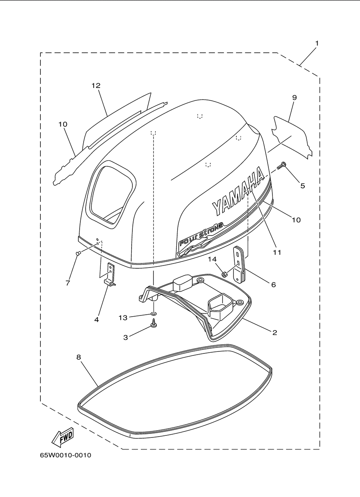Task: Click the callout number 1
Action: pos(317,43)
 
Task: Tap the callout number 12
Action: pos(96,86)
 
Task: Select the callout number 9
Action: pos(294,98)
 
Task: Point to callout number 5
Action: pos(302,186)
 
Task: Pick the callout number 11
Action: pos(277,252)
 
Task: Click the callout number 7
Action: pos(68,283)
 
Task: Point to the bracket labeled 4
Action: pos(110,274)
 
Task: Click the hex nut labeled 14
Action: pos(224,275)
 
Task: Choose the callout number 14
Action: pos(212,259)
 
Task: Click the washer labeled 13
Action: pos(153,313)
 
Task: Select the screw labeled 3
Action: pos(153,323)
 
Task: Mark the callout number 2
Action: pos(274,332)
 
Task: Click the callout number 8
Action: pos(78,357)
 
